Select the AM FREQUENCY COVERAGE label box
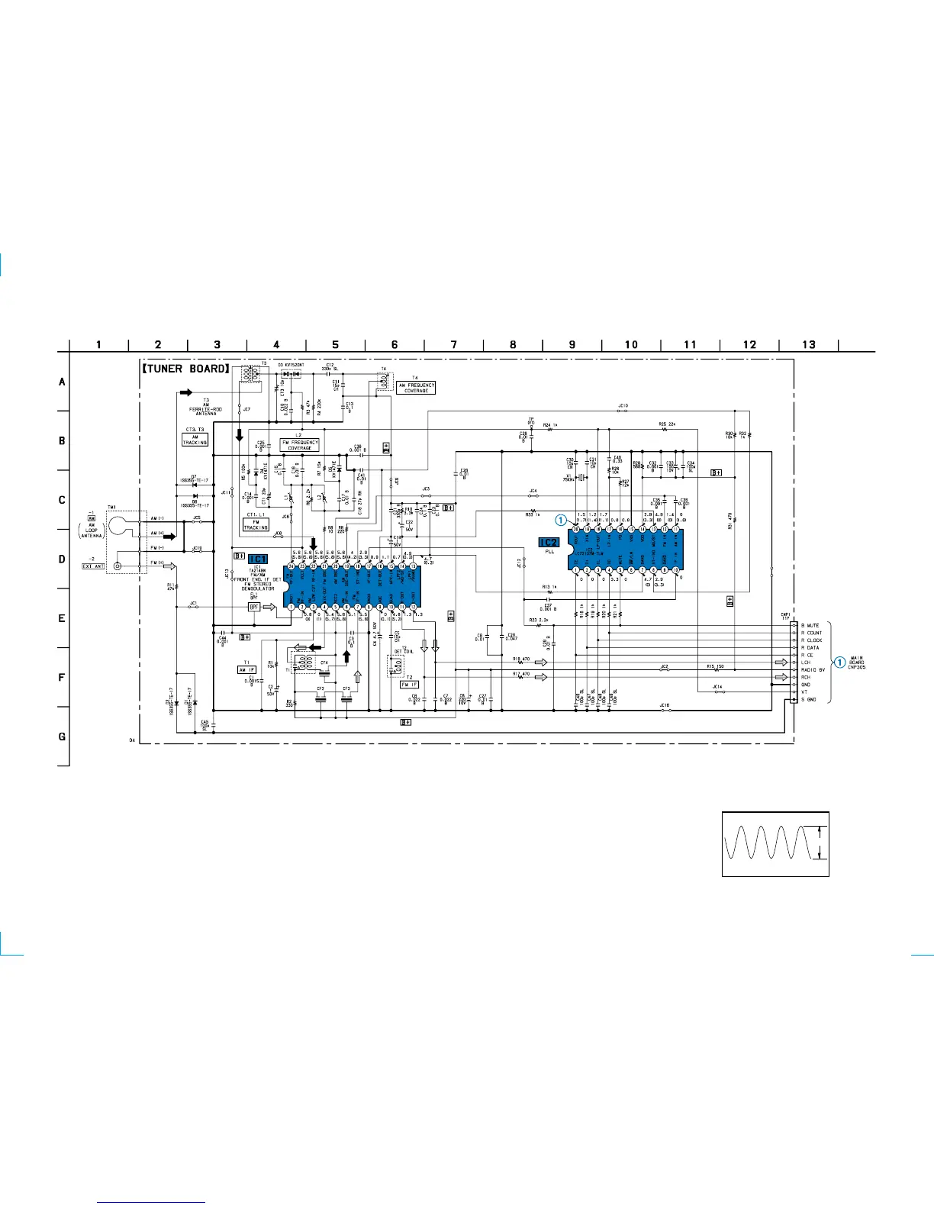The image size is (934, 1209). click(x=416, y=388)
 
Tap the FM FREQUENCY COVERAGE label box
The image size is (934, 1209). click(x=300, y=445)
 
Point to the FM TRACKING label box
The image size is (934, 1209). click(x=256, y=525)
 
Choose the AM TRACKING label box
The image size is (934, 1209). click(x=195, y=440)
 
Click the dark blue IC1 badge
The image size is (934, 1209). click(x=258, y=559)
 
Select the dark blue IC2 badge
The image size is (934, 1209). click(x=549, y=542)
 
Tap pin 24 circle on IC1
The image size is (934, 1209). click(x=291, y=566)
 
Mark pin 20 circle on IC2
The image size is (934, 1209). click(x=576, y=529)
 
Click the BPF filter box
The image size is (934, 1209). click(x=254, y=607)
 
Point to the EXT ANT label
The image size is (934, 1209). click(x=93, y=566)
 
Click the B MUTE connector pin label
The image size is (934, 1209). click(x=810, y=626)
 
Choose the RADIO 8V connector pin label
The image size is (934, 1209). click(x=813, y=669)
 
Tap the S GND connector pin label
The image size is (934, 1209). click(x=808, y=699)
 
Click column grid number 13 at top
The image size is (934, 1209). click(x=808, y=345)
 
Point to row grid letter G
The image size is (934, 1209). click(x=62, y=737)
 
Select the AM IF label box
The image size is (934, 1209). click(x=246, y=669)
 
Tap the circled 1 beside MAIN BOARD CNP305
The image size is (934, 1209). click(x=840, y=663)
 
